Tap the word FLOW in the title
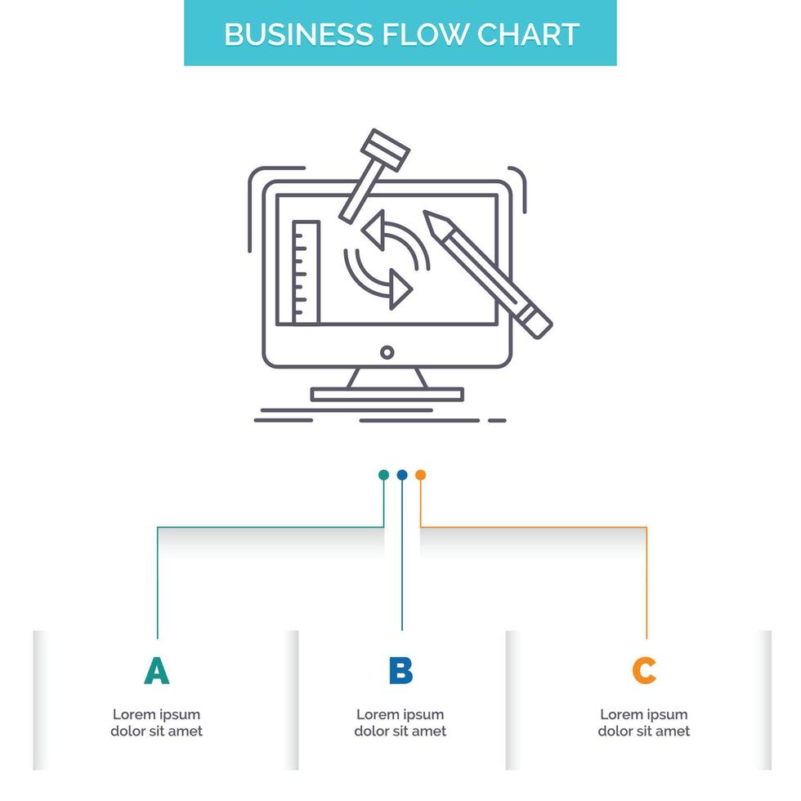pyautogui.click(x=418, y=34)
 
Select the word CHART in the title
pyautogui.click(x=528, y=34)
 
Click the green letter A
pyautogui.click(x=156, y=671)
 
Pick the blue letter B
pyautogui.click(x=400, y=671)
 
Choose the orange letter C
pyautogui.click(x=644, y=671)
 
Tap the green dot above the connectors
pyautogui.click(x=383, y=475)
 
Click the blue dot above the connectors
pyautogui.click(x=401, y=475)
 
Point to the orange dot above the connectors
pyautogui.click(x=420, y=475)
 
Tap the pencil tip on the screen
pyautogui.click(x=432, y=220)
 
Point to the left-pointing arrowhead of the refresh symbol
pyautogui.click(x=374, y=230)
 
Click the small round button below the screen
pyautogui.click(x=387, y=352)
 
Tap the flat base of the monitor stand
pyautogui.click(x=387, y=395)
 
